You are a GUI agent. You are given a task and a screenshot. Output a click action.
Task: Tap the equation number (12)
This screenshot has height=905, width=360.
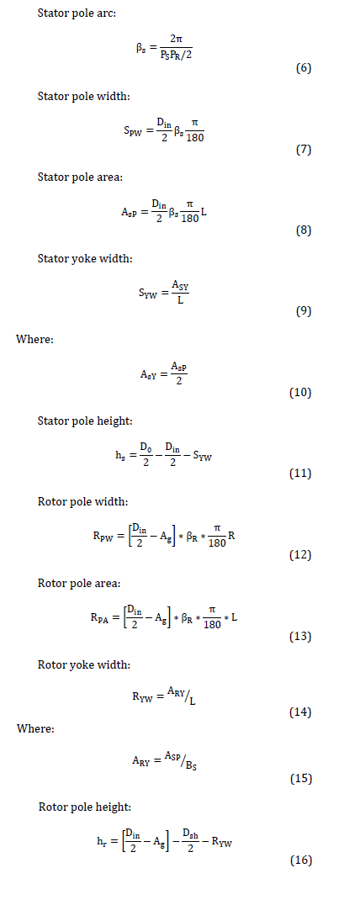[x=300, y=554]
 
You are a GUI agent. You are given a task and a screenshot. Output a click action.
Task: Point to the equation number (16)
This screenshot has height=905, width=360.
[x=300, y=860]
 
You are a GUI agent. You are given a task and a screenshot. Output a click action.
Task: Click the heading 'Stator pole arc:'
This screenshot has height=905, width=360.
[x=77, y=13]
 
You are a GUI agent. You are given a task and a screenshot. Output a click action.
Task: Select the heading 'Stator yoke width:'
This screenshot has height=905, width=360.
[x=85, y=258]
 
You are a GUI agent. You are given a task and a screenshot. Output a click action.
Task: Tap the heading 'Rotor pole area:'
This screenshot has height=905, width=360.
[x=79, y=584]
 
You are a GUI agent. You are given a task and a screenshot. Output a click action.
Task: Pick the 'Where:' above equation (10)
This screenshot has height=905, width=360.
[x=34, y=340]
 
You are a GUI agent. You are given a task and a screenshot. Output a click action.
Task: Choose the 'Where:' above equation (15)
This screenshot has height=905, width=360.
[x=35, y=728]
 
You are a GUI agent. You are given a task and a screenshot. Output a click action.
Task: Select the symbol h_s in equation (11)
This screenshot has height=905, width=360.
[x=120, y=455]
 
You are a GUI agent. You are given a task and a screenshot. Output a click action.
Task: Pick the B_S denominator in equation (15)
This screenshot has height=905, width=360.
[x=193, y=765]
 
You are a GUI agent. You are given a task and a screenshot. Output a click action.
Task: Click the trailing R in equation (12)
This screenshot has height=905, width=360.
[x=231, y=537]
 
